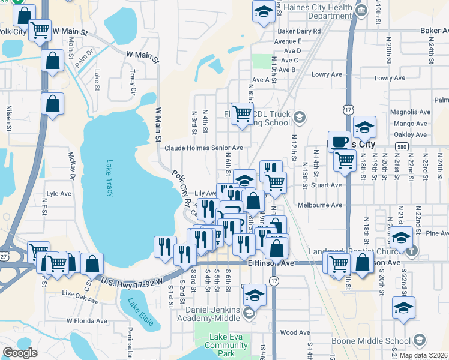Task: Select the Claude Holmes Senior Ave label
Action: click(203, 148)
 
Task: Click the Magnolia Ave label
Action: click(411, 112)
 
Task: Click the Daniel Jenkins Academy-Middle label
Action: click(213, 314)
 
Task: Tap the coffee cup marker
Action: click(340, 140)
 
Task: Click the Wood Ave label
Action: click(294, 332)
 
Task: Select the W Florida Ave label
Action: click(85, 320)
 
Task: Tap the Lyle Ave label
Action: click(59, 194)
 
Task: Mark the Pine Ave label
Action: click(436, 233)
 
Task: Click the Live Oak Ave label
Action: click(80, 295)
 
